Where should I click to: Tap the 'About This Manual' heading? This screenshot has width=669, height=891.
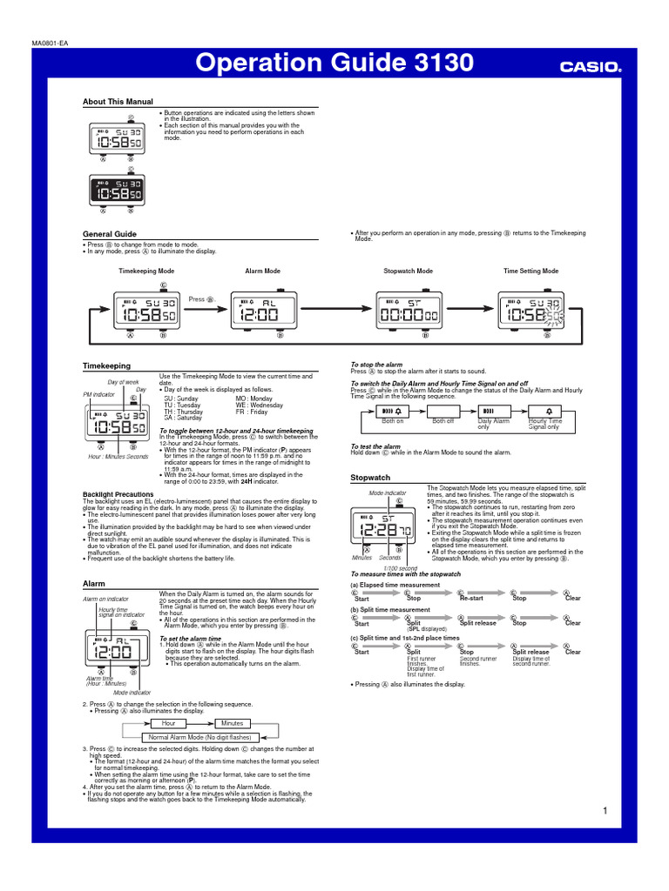click(x=118, y=102)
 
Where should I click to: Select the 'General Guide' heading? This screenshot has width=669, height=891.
click(x=110, y=234)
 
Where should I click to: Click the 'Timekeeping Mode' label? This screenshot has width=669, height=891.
click(x=146, y=271)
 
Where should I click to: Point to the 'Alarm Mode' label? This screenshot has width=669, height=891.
click(x=263, y=271)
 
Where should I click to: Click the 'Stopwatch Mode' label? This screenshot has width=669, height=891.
click(x=408, y=271)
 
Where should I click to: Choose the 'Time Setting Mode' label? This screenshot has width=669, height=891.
click(x=531, y=271)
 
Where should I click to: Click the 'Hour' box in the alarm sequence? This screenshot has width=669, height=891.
click(x=169, y=723)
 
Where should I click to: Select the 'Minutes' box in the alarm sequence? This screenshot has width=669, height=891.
click(x=233, y=723)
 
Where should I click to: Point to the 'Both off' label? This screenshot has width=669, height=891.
click(x=443, y=421)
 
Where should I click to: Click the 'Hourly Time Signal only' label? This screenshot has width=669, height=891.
click(x=544, y=424)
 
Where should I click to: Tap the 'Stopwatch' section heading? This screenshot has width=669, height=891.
click(x=370, y=479)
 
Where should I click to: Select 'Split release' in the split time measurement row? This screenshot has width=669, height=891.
click(x=478, y=623)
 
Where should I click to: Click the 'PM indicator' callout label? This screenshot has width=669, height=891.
click(x=99, y=394)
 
